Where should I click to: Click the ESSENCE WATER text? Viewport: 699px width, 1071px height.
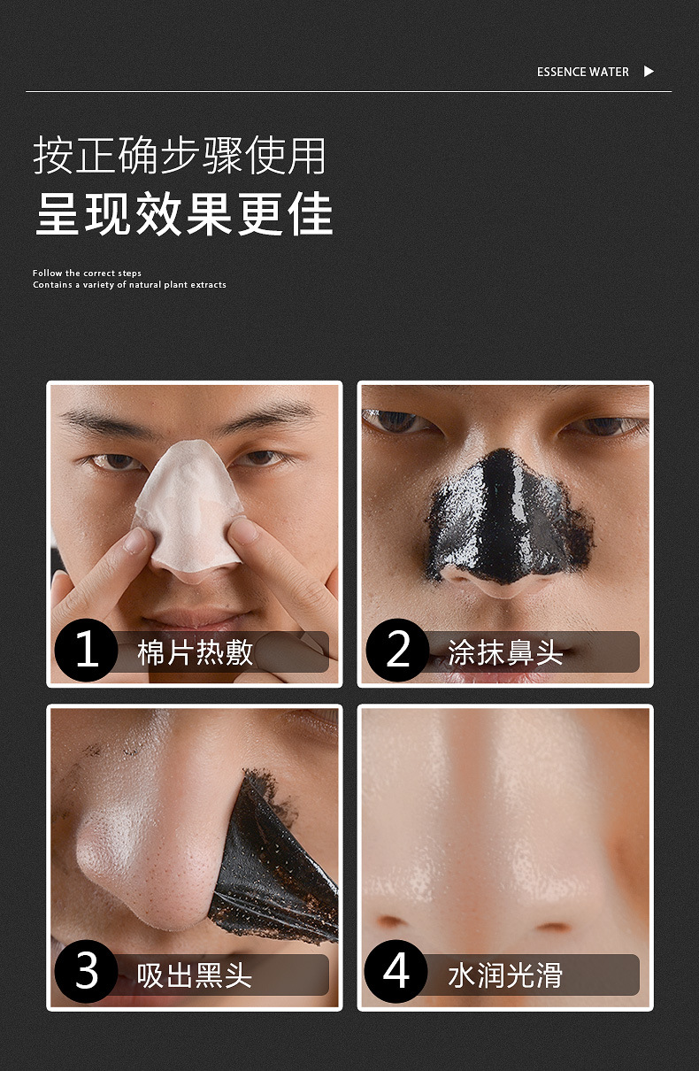coord(582,72)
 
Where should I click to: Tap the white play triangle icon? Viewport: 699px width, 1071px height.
coord(649,71)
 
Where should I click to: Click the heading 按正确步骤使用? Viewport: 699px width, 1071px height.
coord(180,155)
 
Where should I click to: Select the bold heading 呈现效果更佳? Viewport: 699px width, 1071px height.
coord(184,213)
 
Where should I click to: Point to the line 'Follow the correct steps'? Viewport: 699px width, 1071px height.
coord(87,273)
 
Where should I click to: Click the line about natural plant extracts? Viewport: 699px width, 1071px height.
coord(129,284)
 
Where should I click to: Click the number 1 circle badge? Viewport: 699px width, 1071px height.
coord(86,650)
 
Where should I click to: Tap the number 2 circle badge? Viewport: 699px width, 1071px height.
coord(397,650)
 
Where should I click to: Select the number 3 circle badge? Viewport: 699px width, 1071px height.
coord(86,972)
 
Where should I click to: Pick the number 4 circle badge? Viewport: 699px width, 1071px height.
coord(396,972)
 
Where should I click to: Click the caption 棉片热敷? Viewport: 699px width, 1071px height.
coord(195,652)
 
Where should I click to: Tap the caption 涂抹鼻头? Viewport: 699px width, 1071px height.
coord(505,652)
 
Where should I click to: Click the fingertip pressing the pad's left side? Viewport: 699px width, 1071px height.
coord(140,540)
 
